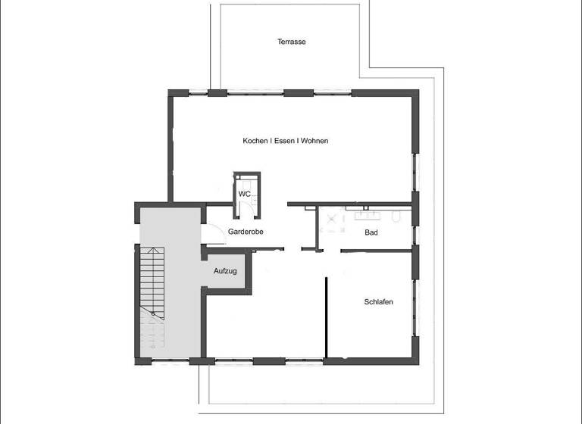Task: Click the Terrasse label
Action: (291, 42)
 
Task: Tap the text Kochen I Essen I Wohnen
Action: (285, 141)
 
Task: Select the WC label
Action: (244, 194)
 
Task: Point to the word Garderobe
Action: (245, 232)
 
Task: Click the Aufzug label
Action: (225, 270)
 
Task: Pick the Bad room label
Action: (371, 232)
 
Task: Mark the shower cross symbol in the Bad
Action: (331, 216)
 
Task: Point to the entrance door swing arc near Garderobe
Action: (214, 236)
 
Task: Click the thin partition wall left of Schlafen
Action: (327, 316)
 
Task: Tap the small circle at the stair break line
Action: (154, 313)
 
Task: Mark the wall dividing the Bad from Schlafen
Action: (377, 250)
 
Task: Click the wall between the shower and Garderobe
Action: (317, 226)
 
